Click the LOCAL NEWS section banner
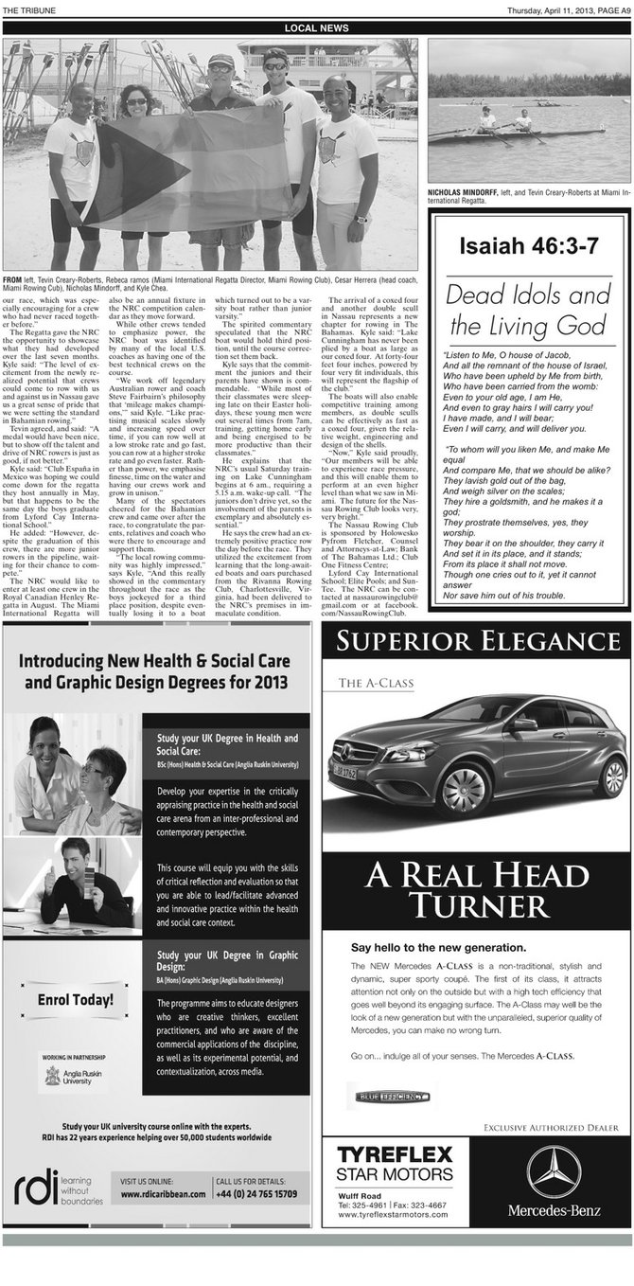(x=317, y=28)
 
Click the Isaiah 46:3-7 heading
(x=529, y=247)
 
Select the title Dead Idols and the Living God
(x=529, y=309)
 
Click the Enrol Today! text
(x=76, y=999)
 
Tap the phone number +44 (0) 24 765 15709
(x=255, y=1194)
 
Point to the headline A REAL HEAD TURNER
(x=476, y=888)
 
